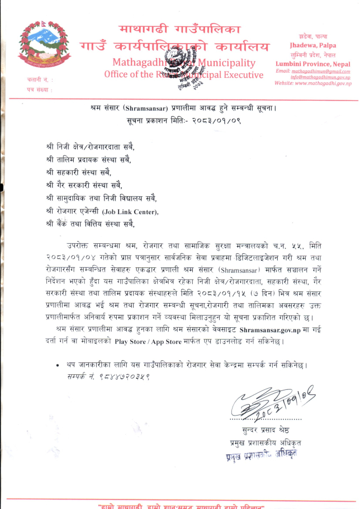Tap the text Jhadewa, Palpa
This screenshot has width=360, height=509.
(312, 45)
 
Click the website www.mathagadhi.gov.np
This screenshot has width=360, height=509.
(312, 83)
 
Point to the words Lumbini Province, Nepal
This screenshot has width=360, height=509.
(312, 64)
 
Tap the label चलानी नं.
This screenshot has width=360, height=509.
(29, 81)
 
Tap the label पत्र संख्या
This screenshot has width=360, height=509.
(30, 89)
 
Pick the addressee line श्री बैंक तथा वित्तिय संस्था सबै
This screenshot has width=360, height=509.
(90, 225)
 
